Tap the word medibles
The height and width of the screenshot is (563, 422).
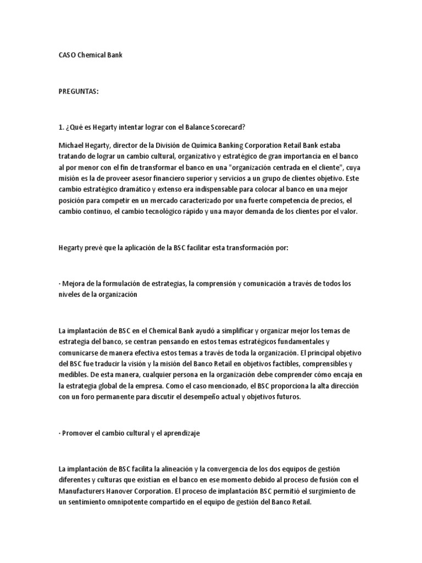72,374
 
